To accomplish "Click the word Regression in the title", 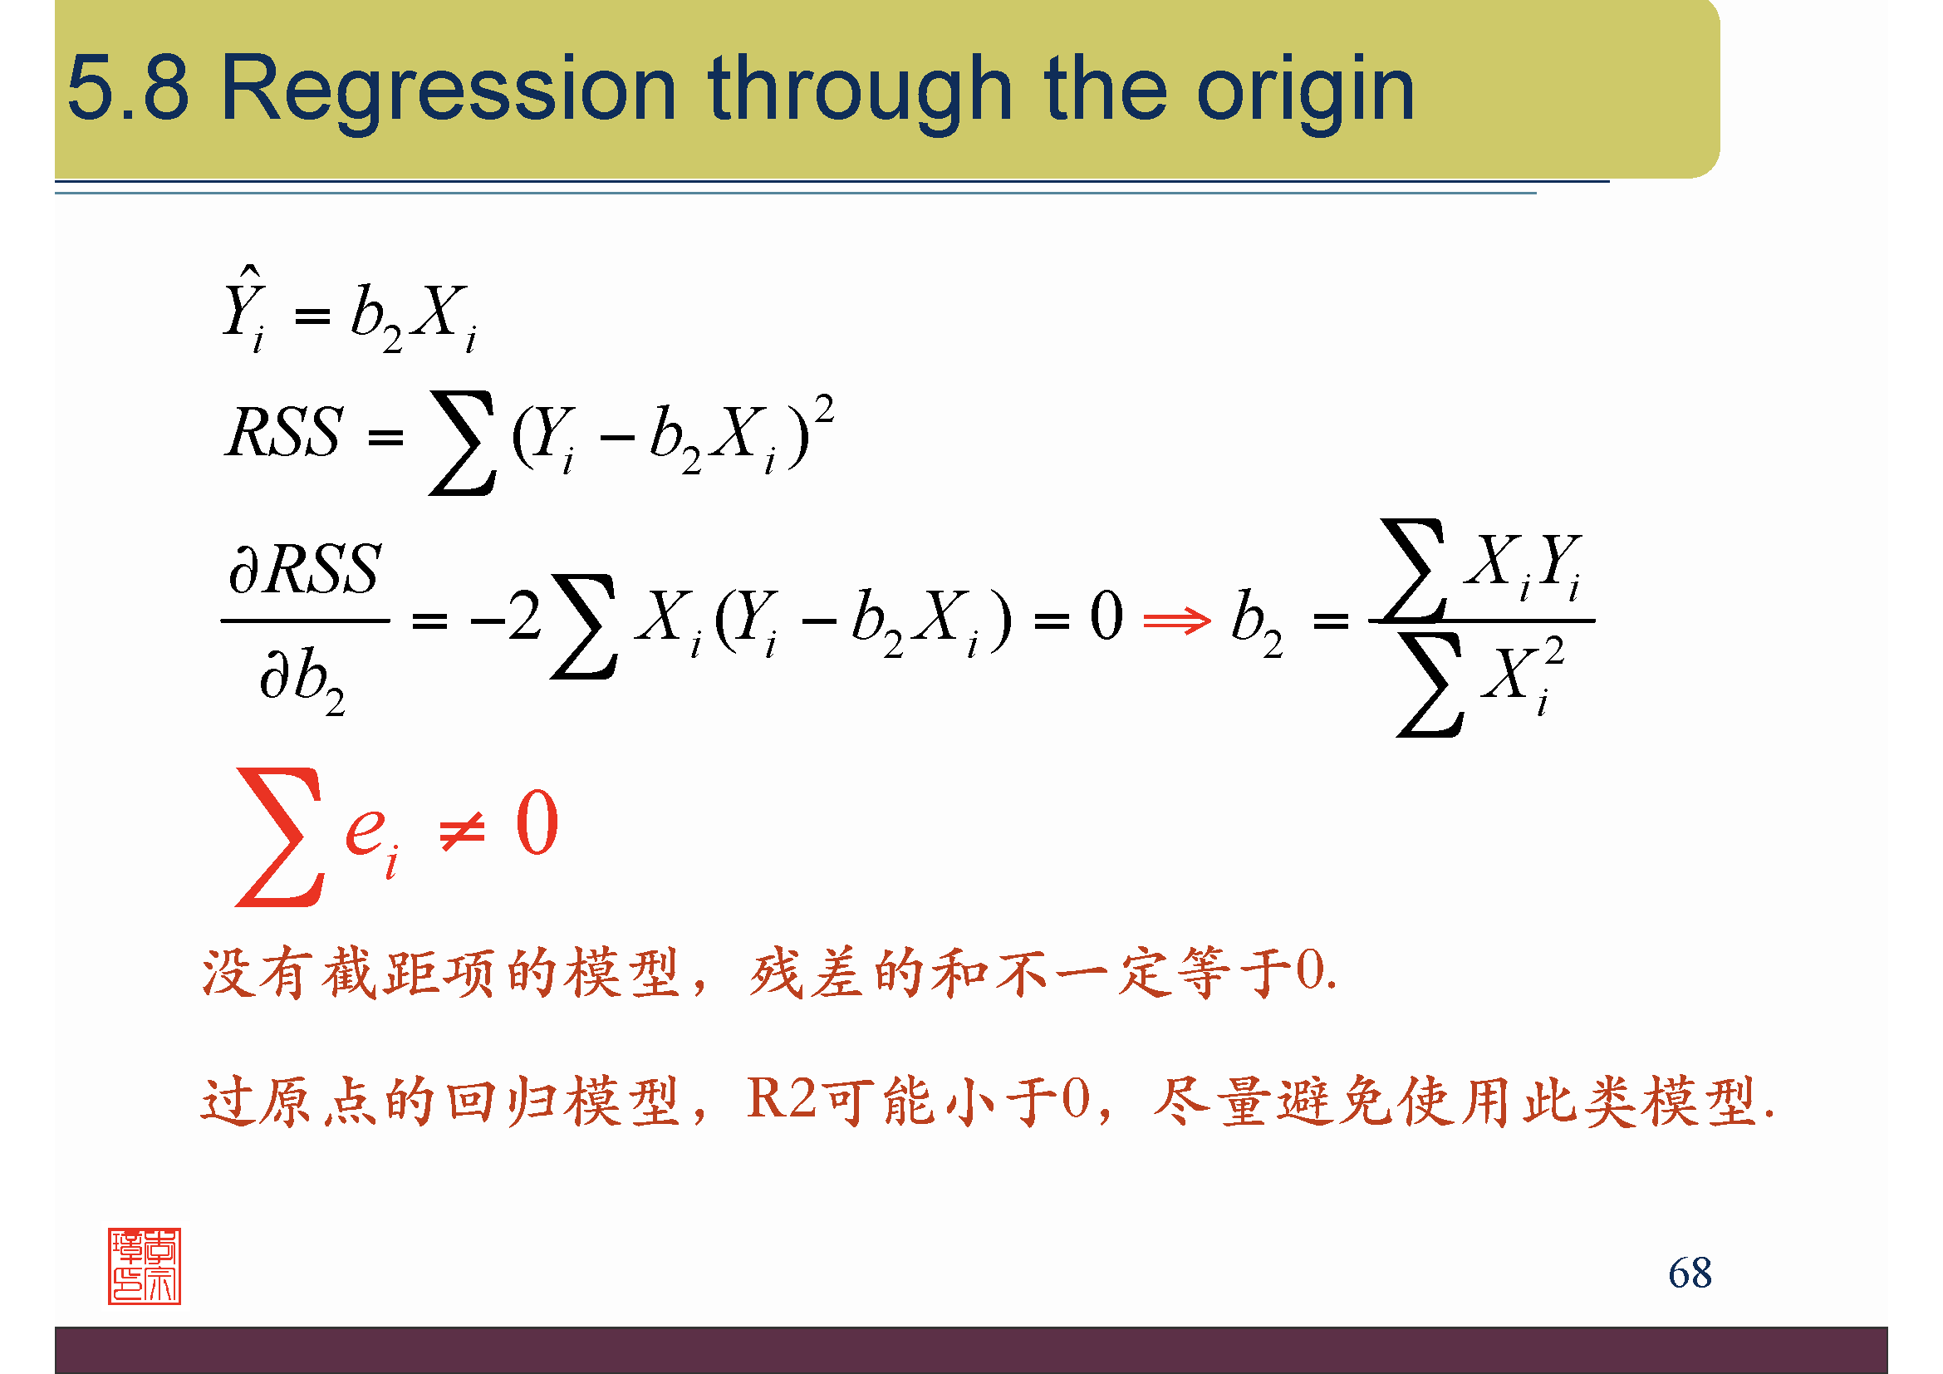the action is coord(449,90).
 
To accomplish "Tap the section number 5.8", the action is coord(129,87).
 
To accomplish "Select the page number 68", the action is coord(1690,1273).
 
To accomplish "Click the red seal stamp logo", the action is coord(145,1266).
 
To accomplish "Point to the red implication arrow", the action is coord(1176,621).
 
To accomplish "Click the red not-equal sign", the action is coord(462,831).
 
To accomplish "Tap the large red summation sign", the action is coord(279,837).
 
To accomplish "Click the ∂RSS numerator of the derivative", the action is coord(305,568).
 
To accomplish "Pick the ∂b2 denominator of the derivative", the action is coord(302,680).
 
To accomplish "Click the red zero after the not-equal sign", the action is coord(537,822).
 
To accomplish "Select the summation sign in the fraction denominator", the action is coord(1430,685).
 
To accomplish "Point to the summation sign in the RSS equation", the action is coord(462,442).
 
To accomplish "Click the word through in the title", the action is coord(860,90).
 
